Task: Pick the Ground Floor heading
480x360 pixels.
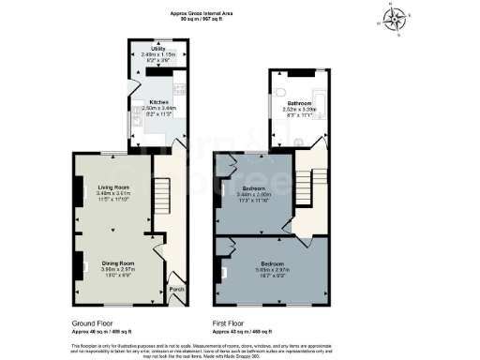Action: point(93,322)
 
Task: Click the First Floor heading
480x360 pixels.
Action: point(232,322)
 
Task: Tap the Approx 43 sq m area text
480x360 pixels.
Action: point(243,331)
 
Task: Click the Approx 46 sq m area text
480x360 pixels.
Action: point(102,331)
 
